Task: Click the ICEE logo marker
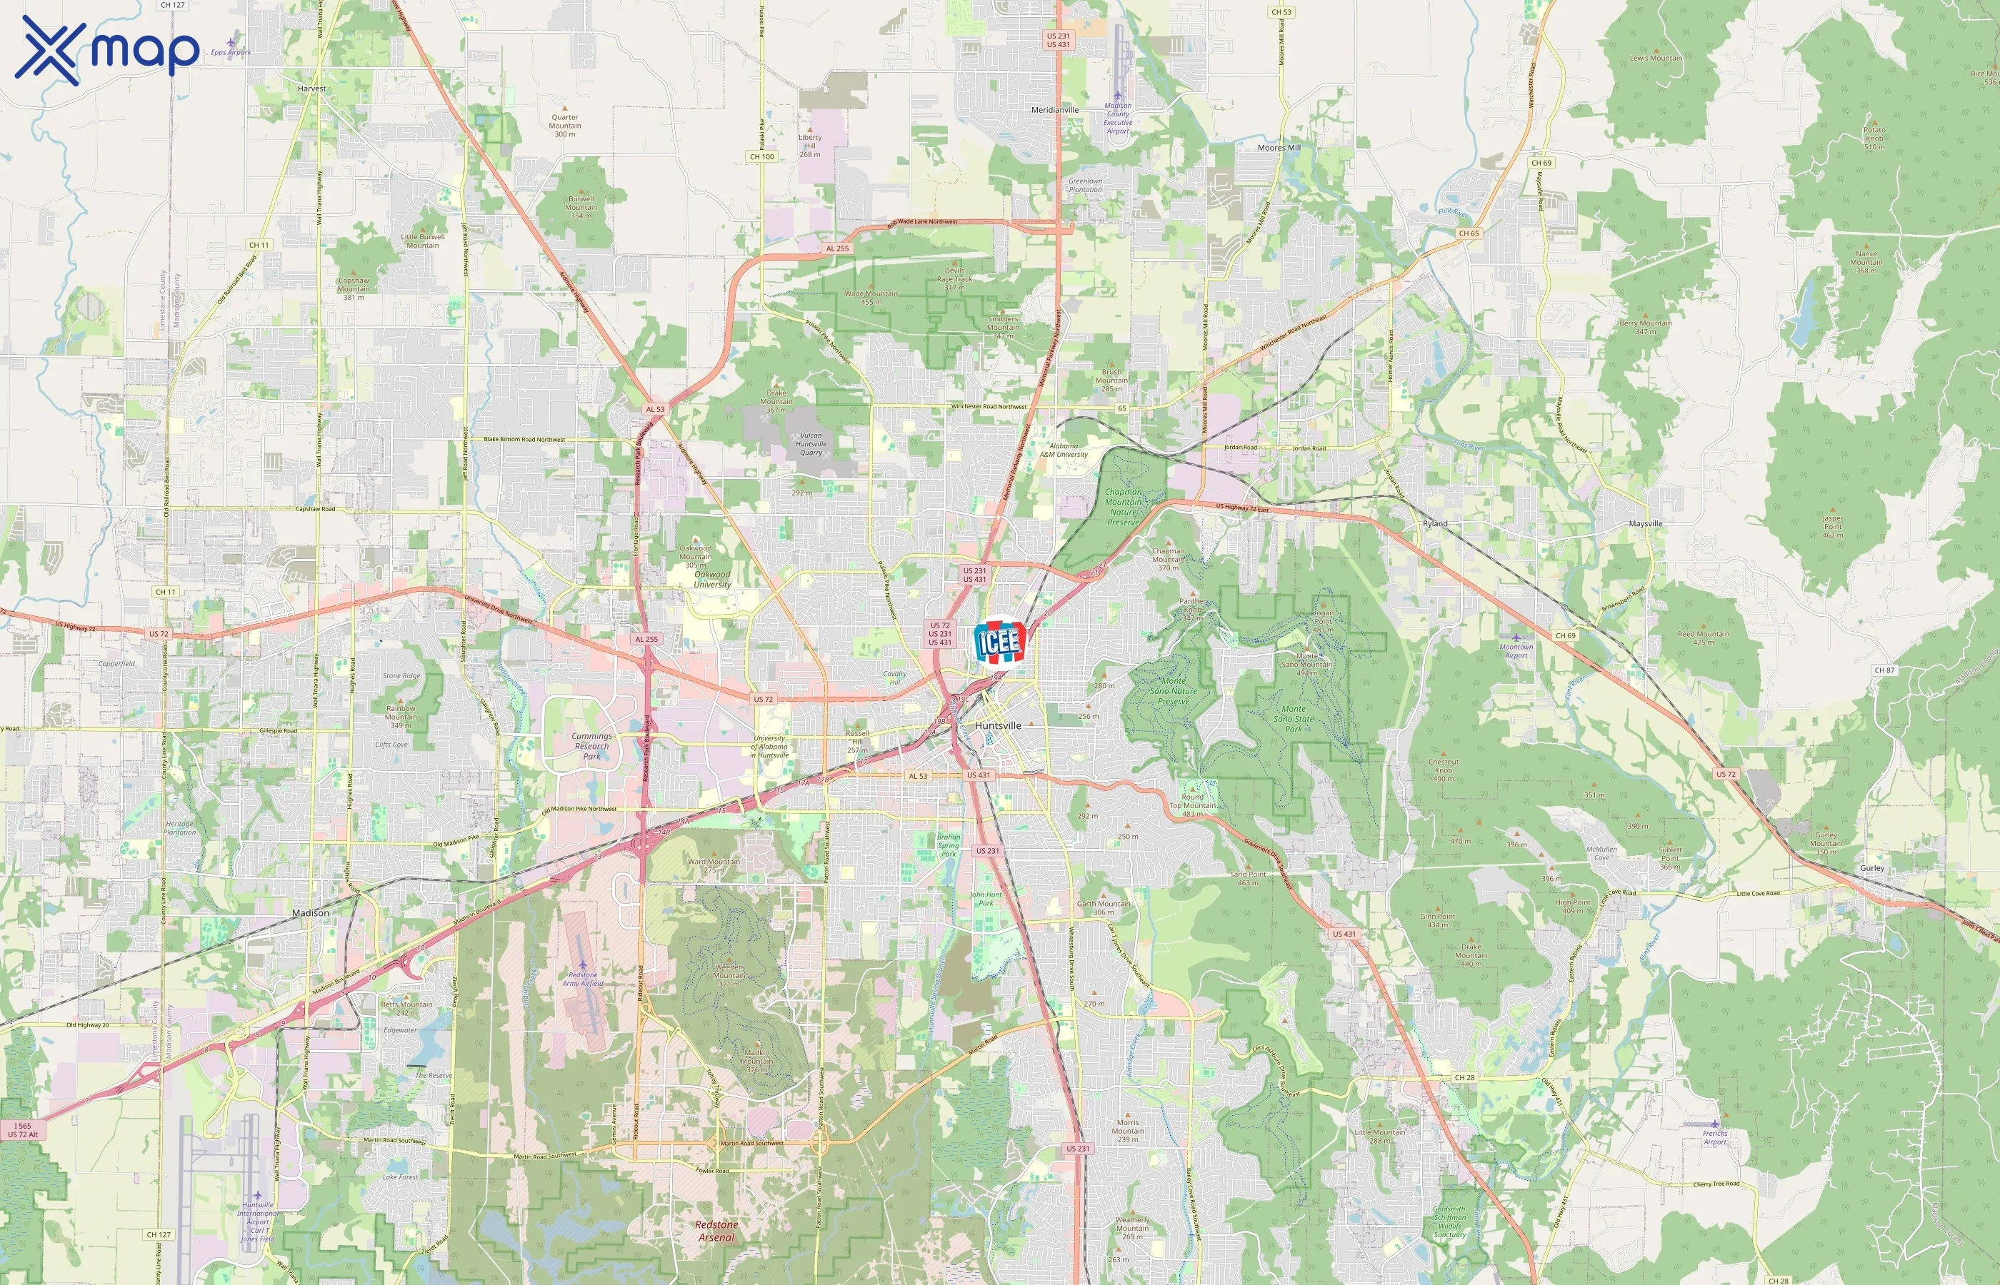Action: click(999, 642)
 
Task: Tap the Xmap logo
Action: click(107, 50)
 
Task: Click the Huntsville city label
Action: click(997, 725)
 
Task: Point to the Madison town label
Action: click(311, 913)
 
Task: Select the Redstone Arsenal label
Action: click(716, 1231)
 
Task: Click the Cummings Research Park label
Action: click(592, 746)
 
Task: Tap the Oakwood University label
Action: click(712, 579)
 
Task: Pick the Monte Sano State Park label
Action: click(1293, 718)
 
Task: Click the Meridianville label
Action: click(1054, 110)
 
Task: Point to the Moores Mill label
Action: click(1279, 148)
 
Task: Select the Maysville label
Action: click(1645, 524)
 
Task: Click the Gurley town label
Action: click(1871, 868)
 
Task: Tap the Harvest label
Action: click(311, 89)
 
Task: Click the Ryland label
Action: click(1435, 524)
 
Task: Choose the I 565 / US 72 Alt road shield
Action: click(23, 1130)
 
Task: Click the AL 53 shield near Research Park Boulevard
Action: click(655, 409)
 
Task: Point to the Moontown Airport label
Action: click(1516, 651)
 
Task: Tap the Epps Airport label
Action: click(231, 51)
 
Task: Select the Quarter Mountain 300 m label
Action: click(565, 125)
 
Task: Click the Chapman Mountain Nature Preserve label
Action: click(1124, 506)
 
